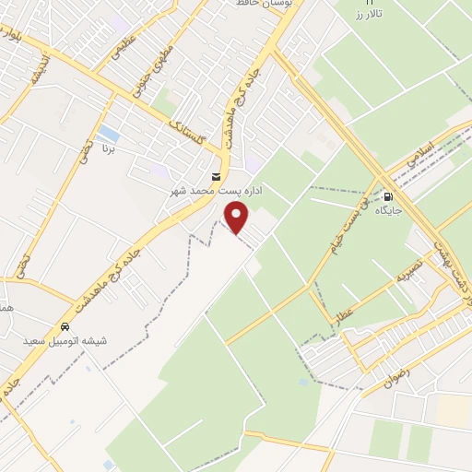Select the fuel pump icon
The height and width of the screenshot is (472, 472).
pyautogui.click(x=388, y=196)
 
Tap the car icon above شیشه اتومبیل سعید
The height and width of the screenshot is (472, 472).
pyautogui.click(x=65, y=327)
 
